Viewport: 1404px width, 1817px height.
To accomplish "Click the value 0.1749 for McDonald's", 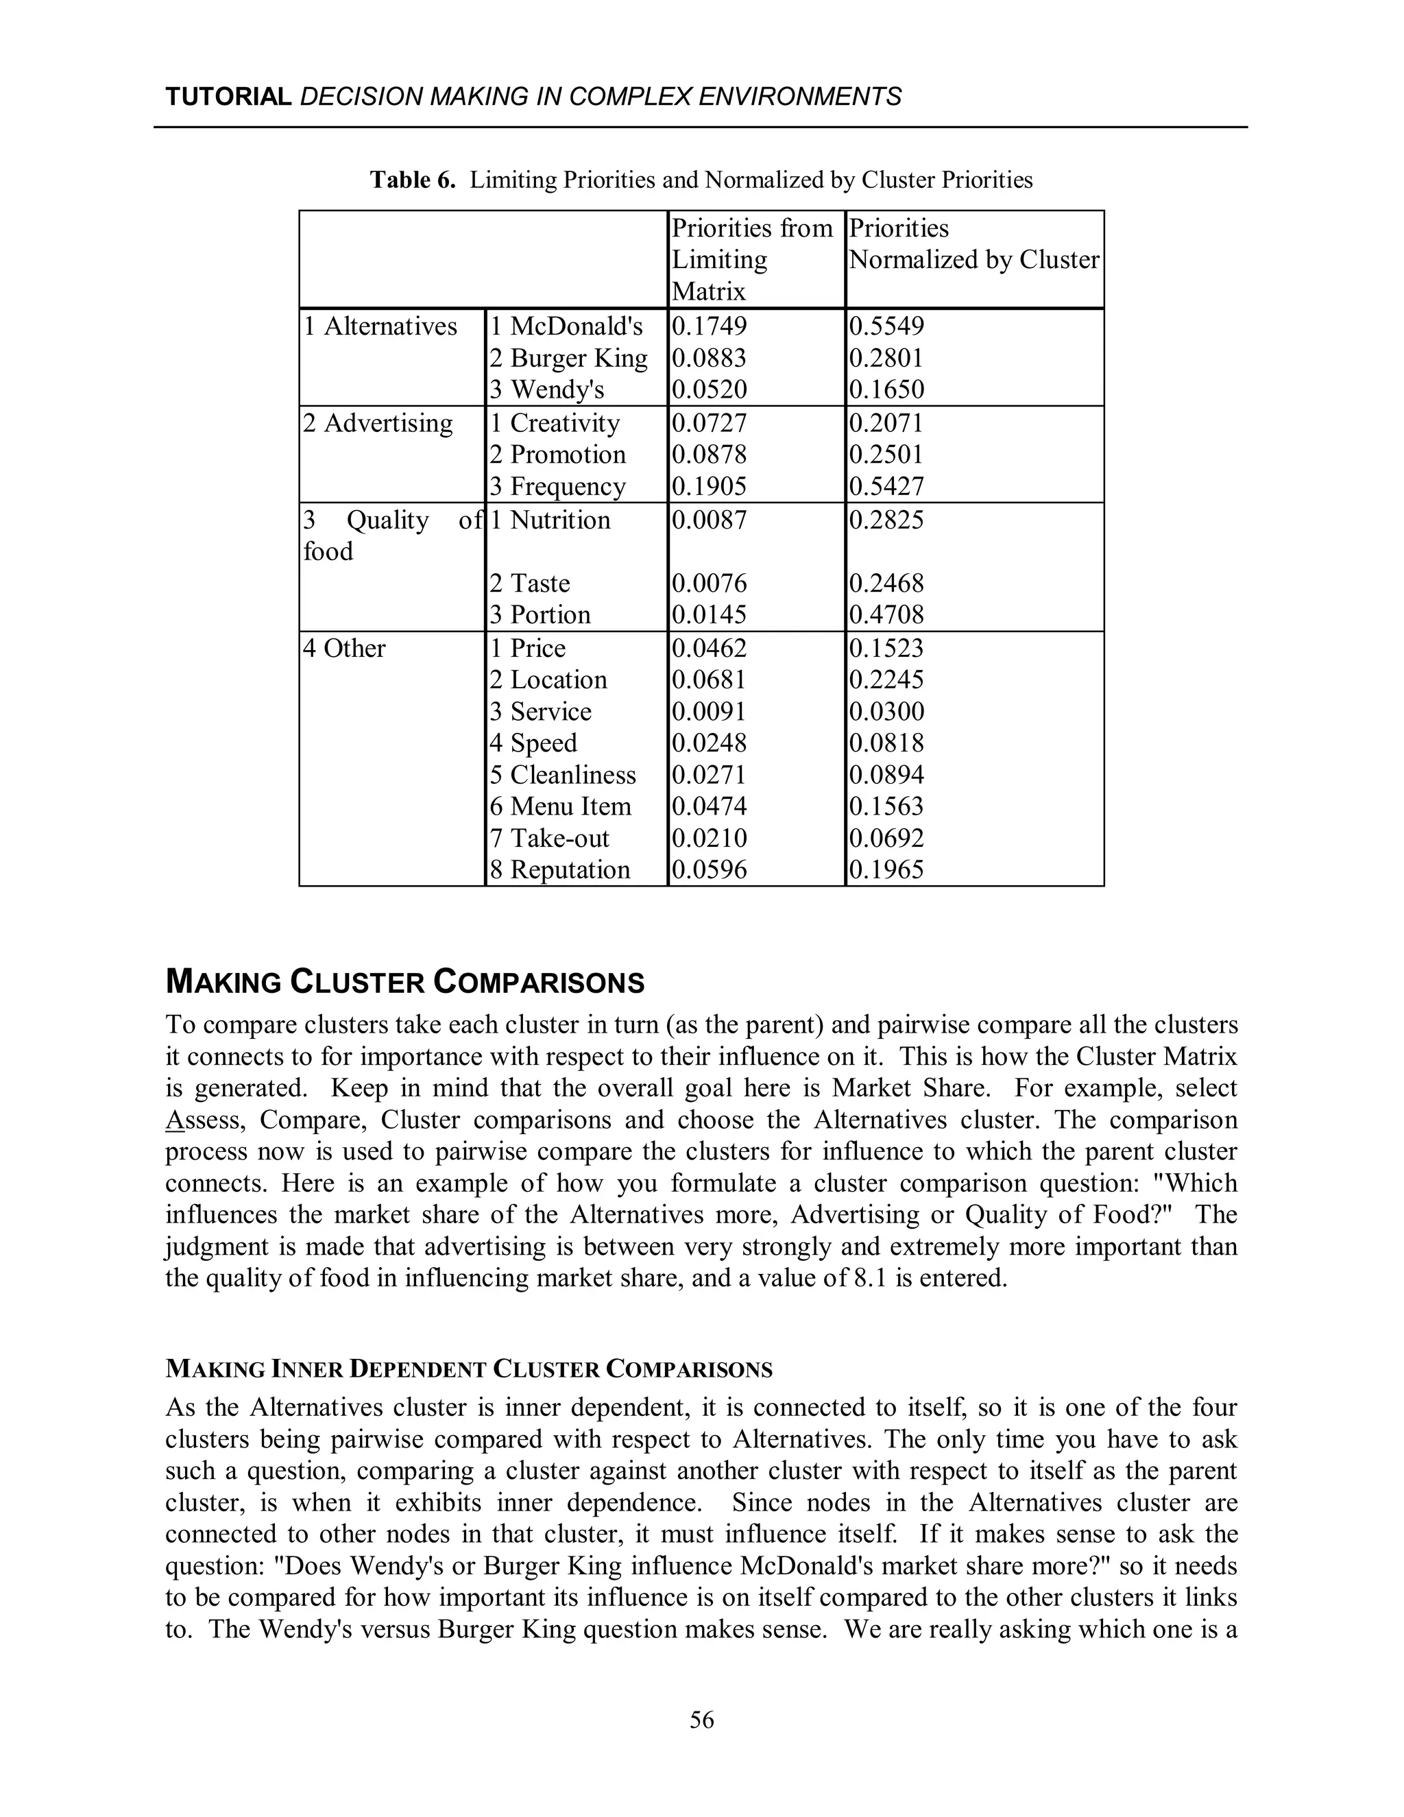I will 709,326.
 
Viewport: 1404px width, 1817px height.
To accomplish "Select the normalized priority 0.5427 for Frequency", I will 886,486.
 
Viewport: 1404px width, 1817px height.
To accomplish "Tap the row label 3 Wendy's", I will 546,389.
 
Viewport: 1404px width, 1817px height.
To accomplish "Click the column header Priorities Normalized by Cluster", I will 973,244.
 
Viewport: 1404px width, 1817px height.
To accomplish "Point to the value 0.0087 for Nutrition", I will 709,520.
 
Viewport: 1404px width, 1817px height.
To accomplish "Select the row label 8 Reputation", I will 560,870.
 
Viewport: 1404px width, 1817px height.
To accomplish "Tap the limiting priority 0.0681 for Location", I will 709,679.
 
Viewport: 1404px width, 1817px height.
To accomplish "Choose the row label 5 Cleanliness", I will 562,775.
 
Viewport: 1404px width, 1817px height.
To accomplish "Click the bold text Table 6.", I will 413,180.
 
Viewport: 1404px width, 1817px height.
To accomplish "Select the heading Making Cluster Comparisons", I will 405,983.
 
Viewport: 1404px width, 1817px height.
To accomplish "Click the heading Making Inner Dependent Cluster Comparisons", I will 469,1369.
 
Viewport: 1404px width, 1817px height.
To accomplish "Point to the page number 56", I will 701,1720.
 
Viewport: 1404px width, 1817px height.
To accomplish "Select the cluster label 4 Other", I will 344,649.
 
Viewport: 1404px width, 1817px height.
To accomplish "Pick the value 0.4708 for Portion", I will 886,615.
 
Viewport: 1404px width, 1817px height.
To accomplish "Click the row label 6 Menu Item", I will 560,807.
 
